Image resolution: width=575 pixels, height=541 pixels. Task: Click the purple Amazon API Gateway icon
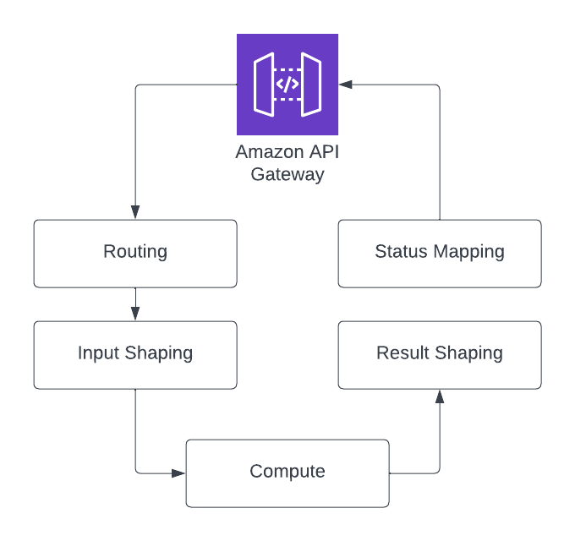(287, 85)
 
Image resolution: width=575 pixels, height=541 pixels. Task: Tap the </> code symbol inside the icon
(287, 85)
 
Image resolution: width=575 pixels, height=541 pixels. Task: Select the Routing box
(135, 253)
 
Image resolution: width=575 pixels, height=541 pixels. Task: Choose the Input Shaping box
(135, 354)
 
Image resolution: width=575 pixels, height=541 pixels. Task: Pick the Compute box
(287, 473)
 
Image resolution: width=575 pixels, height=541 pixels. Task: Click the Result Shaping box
(440, 354)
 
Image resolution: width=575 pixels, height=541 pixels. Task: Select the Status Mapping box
(440, 253)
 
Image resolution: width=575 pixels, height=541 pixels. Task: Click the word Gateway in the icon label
(287, 175)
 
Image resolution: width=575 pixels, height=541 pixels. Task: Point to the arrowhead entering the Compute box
(178, 473)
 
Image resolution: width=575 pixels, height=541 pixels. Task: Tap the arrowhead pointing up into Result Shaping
(440, 396)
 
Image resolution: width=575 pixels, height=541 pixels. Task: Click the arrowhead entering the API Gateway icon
(346, 85)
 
